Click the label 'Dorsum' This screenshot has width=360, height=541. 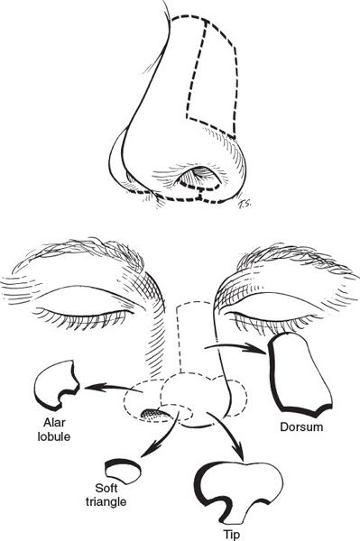(x=301, y=427)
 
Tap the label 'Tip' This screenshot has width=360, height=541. (x=231, y=535)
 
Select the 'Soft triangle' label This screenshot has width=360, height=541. (x=106, y=495)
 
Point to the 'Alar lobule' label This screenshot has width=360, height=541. (x=54, y=429)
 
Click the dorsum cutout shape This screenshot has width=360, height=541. (x=299, y=374)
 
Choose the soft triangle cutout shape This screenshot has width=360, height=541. (x=123, y=472)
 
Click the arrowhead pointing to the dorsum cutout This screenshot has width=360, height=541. (x=256, y=348)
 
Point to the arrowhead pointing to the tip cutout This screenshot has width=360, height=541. (x=238, y=452)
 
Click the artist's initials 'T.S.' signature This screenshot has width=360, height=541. (x=245, y=205)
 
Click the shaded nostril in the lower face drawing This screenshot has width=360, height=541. (x=154, y=413)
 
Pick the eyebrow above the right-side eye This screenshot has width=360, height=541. (x=293, y=259)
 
